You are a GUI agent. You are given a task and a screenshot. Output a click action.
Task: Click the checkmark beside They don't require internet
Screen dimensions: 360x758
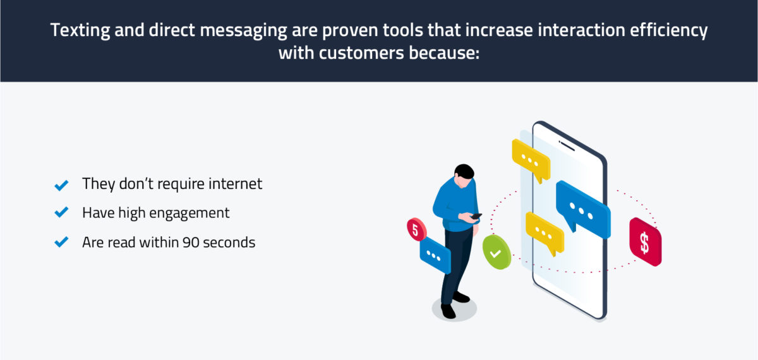61,185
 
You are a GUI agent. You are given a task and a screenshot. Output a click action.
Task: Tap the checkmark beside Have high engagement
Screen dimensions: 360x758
61,213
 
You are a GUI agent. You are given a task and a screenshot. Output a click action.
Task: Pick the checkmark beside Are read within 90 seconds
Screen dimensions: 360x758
61,242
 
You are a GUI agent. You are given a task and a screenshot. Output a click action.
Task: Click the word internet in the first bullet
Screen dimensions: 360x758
234,184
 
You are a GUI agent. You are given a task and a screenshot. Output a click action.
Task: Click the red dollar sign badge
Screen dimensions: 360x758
645,243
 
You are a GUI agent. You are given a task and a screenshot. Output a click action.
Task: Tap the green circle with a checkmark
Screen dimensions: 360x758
496,252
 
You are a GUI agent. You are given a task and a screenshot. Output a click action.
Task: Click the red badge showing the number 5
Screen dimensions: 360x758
416,229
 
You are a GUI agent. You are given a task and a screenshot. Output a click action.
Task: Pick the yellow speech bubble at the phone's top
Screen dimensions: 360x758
531,159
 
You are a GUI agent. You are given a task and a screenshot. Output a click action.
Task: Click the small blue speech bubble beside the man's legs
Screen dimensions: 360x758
435,255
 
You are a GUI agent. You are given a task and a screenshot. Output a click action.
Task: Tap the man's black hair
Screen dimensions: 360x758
464,172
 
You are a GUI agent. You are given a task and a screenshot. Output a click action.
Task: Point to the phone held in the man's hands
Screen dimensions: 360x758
476,216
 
